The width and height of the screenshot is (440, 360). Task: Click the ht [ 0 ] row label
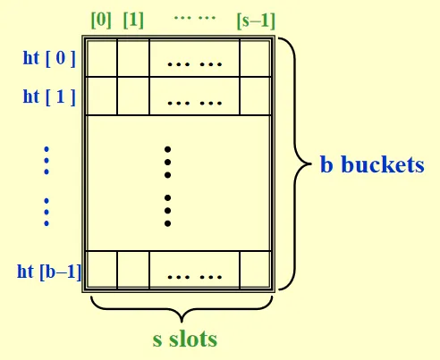point(49,58)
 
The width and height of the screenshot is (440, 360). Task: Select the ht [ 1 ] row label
point(49,96)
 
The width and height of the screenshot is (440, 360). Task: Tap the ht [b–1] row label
point(49,272)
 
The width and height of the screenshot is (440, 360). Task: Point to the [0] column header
point(101,21)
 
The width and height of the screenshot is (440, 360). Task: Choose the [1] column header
point(133,21)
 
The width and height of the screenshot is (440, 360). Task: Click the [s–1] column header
point(256,21)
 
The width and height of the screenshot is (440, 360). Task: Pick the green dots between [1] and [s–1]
point(195,18)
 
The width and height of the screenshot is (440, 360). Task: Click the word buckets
point(383,164)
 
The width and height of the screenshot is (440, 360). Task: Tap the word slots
point(193,339)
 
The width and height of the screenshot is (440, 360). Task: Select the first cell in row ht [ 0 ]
point(102,58)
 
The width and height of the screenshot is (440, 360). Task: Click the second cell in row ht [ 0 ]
point(133,58)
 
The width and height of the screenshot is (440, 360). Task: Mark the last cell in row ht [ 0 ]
point(255,58)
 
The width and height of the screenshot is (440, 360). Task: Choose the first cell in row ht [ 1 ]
point(102,96)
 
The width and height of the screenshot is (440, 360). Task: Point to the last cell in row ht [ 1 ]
point(255,96)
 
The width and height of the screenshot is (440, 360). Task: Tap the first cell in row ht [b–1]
point(102,270)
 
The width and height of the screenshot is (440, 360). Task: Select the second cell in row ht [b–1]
point(133,270)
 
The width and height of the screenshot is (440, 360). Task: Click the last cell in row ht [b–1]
point(255,270)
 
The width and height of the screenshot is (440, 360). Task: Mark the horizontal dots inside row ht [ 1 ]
point(195,104)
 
